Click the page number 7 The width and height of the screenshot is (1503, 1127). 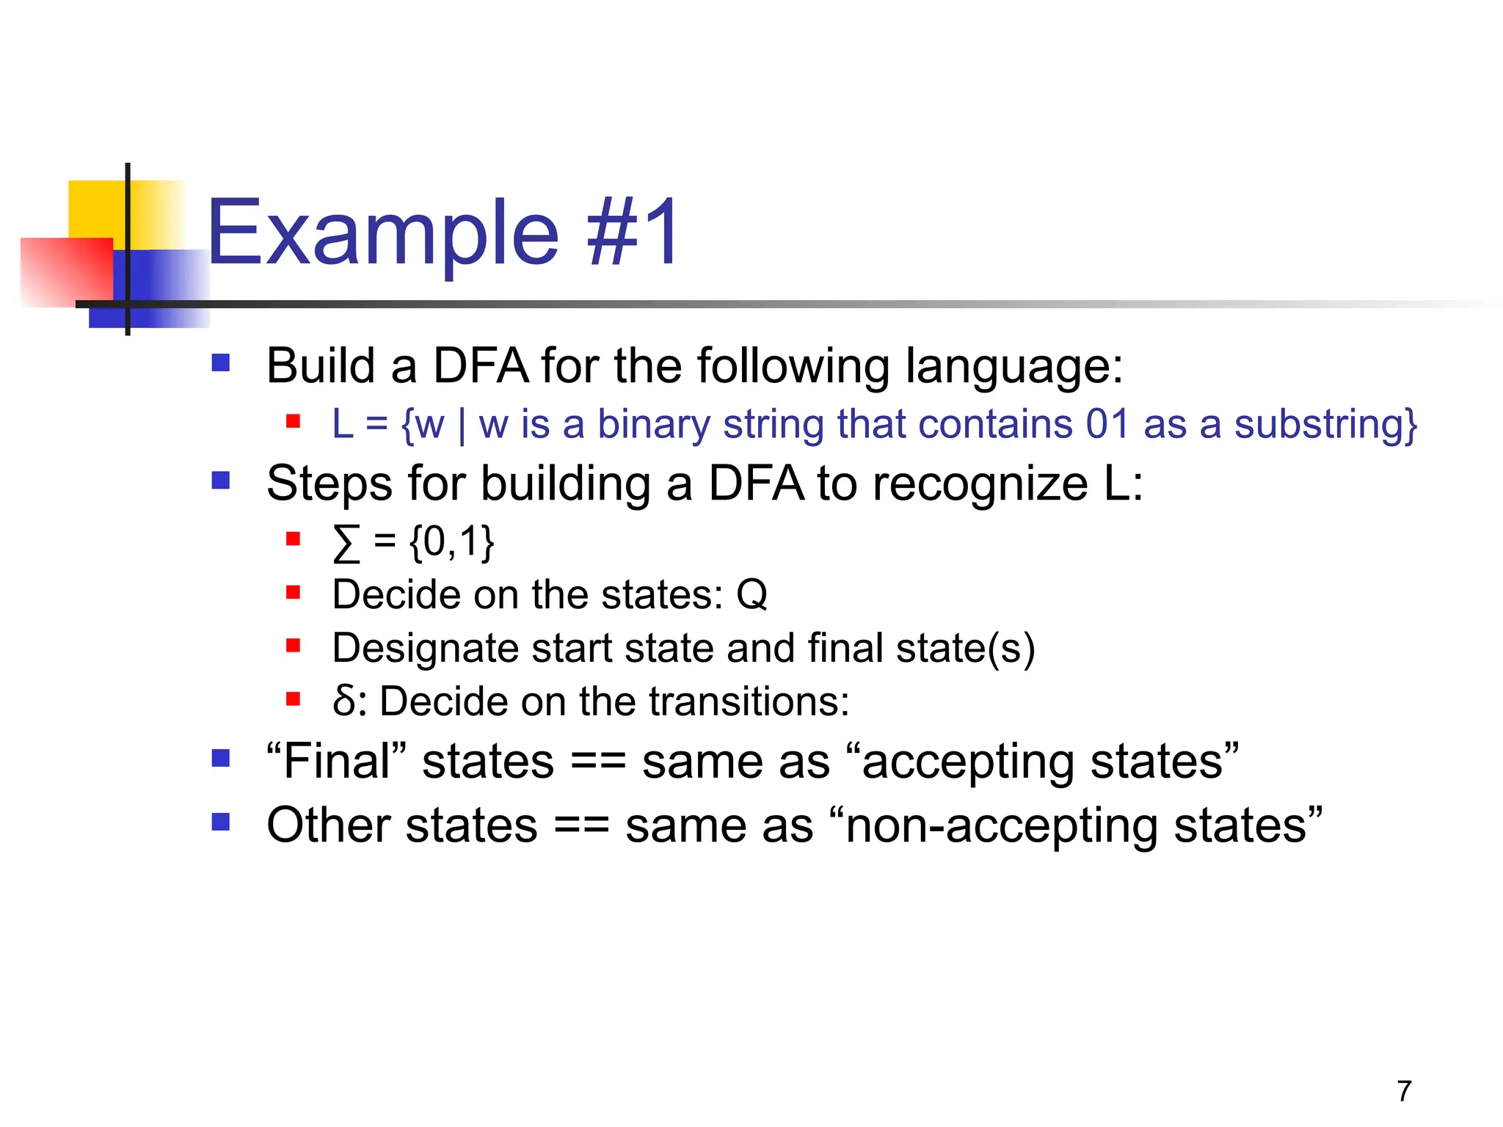1404,1091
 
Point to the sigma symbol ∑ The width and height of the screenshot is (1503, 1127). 346,544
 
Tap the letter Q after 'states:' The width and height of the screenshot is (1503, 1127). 751,594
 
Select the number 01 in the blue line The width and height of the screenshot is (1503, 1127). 1107,424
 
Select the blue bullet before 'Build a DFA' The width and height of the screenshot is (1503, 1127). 221,363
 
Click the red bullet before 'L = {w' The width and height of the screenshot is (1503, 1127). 294,421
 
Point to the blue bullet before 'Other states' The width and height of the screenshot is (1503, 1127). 221,822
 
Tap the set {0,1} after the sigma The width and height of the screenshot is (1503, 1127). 451,543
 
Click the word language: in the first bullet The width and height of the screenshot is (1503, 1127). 1013,367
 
